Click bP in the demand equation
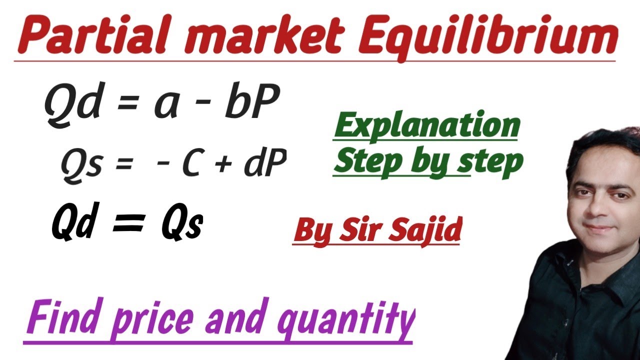pyautogui.click(x=250, y=102)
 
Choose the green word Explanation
pyautogui.click(x=426, y=126)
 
